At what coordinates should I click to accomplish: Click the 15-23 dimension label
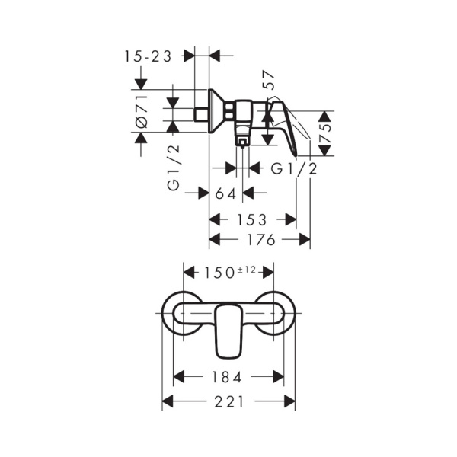(148, 56)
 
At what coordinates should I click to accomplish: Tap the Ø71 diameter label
(142, 112)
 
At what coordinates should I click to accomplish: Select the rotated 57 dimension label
(268, 80)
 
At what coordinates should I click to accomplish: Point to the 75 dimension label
(325, 133)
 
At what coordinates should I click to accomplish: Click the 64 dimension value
(225, 193)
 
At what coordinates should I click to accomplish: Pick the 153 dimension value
(252, 220)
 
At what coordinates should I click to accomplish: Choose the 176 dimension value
(261, 240)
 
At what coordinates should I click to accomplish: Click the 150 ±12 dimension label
(229, 273)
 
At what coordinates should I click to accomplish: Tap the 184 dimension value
(227, 377)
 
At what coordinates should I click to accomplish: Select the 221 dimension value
(228, 402)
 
